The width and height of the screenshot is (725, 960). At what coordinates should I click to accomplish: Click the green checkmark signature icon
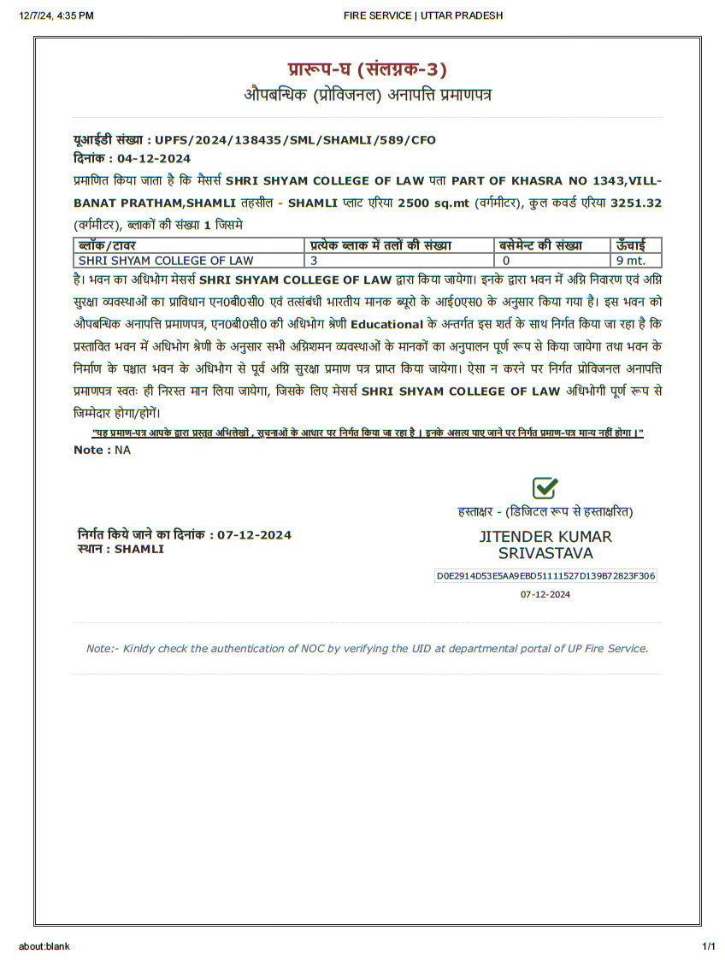545,488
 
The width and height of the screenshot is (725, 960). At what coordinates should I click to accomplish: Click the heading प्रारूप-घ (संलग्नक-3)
367,70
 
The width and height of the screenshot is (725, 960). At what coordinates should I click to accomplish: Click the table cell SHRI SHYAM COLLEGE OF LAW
166,260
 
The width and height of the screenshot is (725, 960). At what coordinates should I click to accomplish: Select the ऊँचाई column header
631,245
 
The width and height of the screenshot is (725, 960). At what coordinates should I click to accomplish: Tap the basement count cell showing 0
506,260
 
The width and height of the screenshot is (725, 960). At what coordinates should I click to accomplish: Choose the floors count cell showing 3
314,260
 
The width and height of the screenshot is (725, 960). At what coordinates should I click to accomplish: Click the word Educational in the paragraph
386,324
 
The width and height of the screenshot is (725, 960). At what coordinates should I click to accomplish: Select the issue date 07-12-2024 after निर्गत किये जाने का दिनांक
254,535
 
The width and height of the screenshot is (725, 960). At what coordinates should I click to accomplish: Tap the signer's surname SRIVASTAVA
545,553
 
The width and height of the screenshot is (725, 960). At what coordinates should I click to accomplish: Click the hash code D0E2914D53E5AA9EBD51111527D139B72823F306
545,576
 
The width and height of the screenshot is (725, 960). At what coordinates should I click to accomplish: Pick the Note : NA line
102,450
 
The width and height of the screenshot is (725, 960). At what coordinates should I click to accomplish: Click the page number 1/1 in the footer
708,946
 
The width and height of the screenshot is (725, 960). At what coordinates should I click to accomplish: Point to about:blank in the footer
44,946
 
